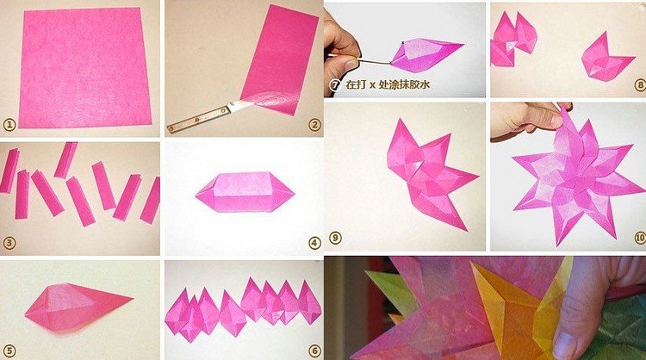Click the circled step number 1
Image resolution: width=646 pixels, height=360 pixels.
(x=9, y=124)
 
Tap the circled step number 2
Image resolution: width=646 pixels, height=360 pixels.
(x=314, y=125)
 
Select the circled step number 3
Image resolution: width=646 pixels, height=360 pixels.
(x=9, y=243)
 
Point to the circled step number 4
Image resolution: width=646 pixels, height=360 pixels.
(x=314, y=243)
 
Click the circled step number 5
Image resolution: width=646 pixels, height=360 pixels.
(x=9, y=351)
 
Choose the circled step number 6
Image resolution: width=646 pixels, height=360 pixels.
(x=314, y=351)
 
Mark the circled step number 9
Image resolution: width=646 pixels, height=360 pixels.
(x=335, y=237)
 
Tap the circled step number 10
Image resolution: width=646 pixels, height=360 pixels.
(x=640, y=238)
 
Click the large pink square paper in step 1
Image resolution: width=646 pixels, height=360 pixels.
(x=84, y=68)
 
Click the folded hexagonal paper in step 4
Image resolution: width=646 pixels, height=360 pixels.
(x=245, y=192)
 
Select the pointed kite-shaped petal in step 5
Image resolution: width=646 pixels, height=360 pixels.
(x=78, y=307)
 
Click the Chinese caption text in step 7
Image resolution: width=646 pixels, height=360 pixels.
(x=388, y=85)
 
